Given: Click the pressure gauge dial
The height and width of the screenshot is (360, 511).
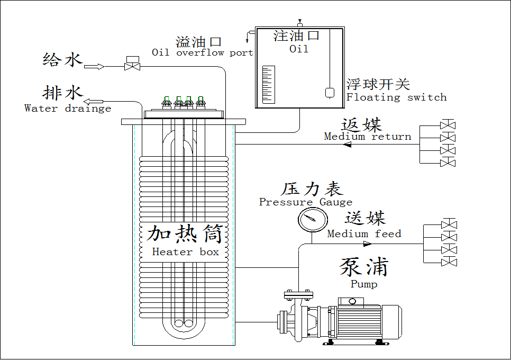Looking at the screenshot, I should pyautogui.click(x=309, y=219).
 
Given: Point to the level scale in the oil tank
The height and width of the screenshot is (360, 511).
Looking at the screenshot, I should pyautogui.click(x=268, y=84).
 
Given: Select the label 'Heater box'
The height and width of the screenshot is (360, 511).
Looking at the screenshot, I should pyautogui.click(x=185, y=252).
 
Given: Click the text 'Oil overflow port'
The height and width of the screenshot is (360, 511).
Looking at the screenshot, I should pyautogui.click(x=202, y=52).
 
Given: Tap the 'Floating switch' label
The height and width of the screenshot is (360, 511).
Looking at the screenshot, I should pyautogui.click(x=396, y=97).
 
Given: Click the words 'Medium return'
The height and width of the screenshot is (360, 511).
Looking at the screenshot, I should pyautogui.click(x=367, y=137).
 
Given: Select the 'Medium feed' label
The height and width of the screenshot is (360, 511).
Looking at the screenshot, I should pyautogui.click(x=364, y=233).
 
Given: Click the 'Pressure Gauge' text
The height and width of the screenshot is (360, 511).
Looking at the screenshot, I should pyautogui.click(x=305, y=202).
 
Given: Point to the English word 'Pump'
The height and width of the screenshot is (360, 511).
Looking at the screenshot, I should pyautogui.click(x=364, y=284).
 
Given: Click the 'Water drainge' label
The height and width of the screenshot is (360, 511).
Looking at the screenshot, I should pyautogui.click(x=68, y=109).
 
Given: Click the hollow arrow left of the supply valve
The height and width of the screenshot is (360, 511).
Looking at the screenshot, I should pyautogui.click(x=94, y=66).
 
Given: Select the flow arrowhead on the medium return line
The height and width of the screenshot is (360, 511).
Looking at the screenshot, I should pyautogui.click(x=347, y=144).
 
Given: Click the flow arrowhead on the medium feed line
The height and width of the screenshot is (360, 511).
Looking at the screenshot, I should pyautogui.click(x=367, y=244).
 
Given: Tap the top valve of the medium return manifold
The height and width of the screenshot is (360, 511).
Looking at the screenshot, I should pyautogui.click(x=448, y=126).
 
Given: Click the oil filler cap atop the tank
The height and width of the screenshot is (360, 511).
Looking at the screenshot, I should pyautogui.click(x=299, y=24).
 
